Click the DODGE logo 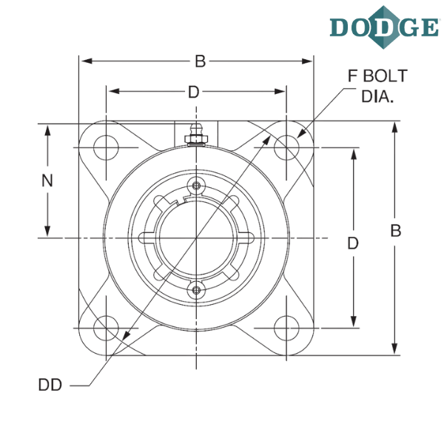point(384,27)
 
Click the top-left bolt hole point(106,147)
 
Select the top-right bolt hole point(286,147)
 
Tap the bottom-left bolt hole point(106,328)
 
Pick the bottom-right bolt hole point(286,328)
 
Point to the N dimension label point(47,181)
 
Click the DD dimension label point(50,385)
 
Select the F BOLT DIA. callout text point(377,86)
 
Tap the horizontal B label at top point(201,61)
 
